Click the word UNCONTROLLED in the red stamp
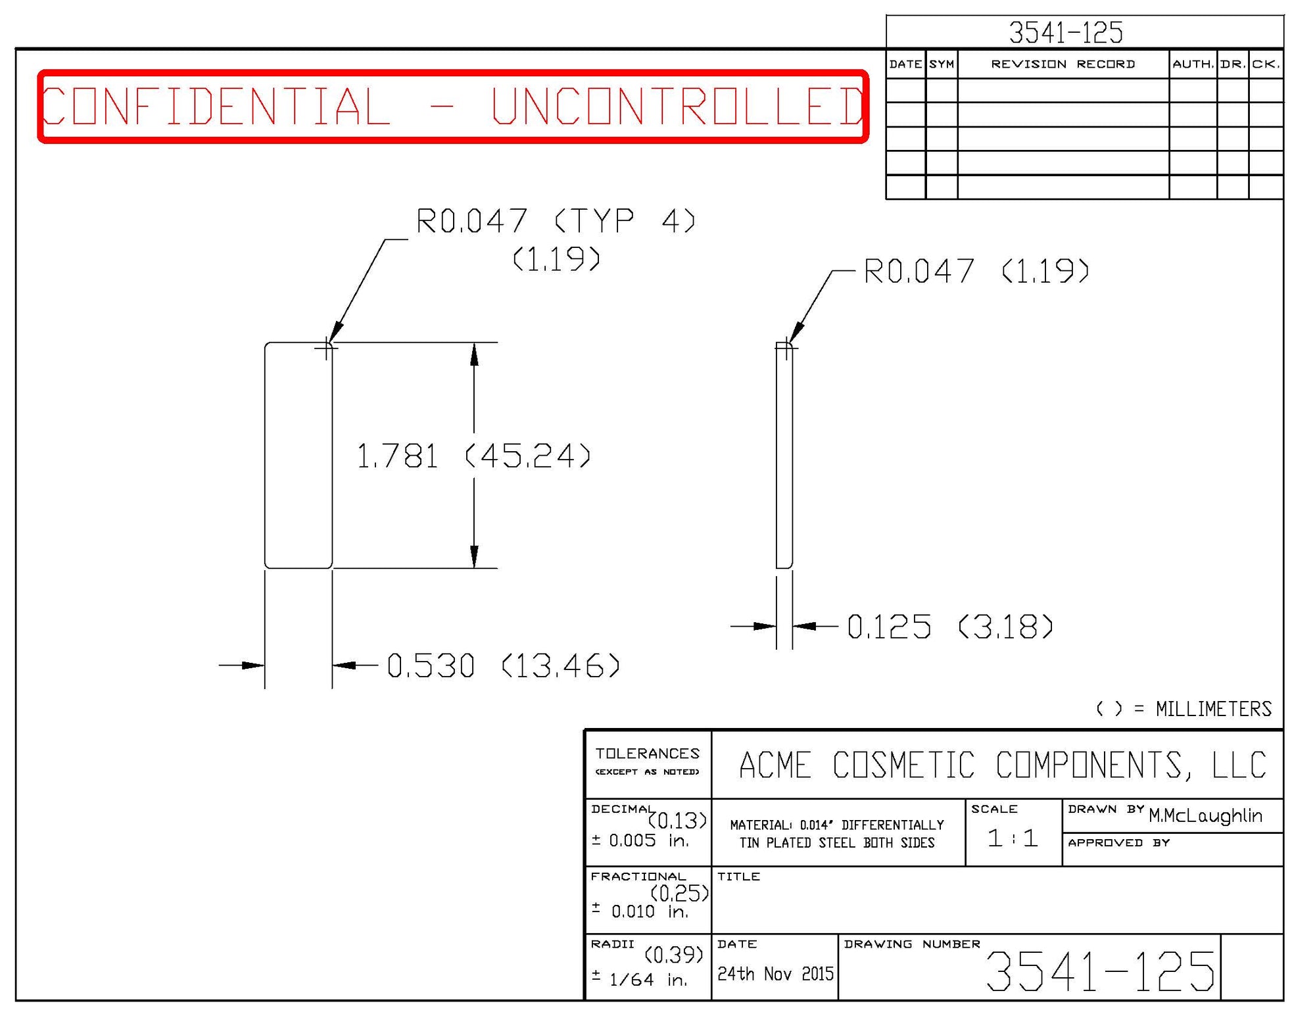(x=677, y=106)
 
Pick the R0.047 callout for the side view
(x=976, y=271)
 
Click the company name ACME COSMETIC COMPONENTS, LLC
(x=1002, y=765)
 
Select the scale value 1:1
(x=1013, y=838)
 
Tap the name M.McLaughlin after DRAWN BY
(x=1205, y=815)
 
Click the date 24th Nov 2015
(x=775, y=974)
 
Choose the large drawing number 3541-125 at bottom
(x=1100, y=971)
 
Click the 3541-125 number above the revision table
(x=1066, y=32)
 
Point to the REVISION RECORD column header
(x=1063, y=64)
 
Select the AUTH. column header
(x=1193, y=64)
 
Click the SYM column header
(x=942, y=64)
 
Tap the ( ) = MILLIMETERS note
(x=1183, y=709)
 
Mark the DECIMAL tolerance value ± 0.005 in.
(x=640, y=840)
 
